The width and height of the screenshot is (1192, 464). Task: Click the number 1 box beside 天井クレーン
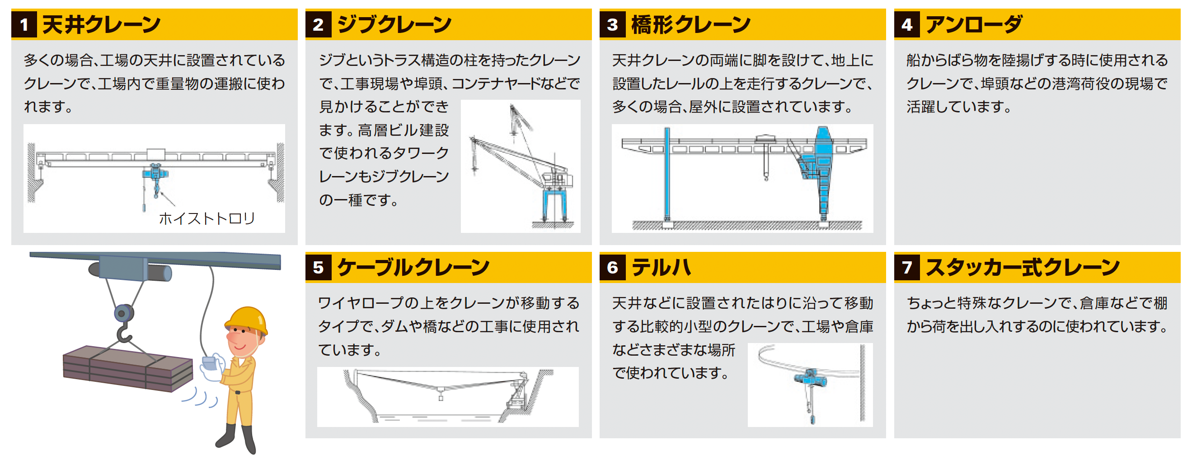pos(24,24)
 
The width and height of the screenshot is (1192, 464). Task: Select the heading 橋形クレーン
pos(690,24)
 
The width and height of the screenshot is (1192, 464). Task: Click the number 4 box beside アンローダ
pos(907,24)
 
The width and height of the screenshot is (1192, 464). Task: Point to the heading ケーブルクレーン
pos(413,268)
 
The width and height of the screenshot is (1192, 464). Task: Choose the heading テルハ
pos(661,268)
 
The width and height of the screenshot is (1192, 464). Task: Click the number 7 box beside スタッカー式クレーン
pos(907,268)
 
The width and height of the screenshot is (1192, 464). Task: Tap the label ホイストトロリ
pos(207,218)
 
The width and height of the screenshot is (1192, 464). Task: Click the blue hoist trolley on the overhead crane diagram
pos(155,173)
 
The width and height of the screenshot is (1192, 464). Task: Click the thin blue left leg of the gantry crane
pos(667,176)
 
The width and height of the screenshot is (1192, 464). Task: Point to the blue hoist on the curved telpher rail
pos(811,378)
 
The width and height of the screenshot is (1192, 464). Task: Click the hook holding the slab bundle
pos(123,332)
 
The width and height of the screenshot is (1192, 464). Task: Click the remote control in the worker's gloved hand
pos(211,362)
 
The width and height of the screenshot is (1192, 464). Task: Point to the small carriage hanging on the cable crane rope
pos(441,395)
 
